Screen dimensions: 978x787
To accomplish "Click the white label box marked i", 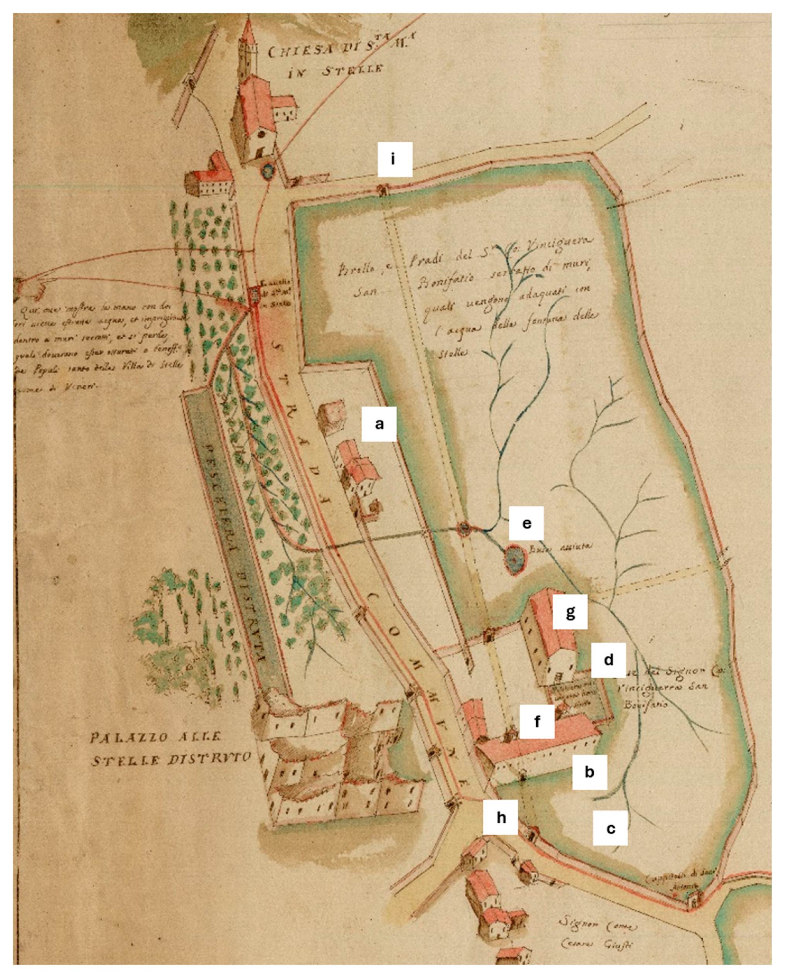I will (395, 159).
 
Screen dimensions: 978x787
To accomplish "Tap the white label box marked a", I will (379, 424).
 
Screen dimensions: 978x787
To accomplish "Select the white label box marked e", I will (526, 523).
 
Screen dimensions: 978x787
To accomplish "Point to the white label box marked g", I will (570, 612).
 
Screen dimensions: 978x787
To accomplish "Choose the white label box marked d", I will (608, 659).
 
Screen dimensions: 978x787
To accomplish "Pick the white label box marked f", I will (537, 721).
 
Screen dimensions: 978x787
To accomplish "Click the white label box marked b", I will (589, 772).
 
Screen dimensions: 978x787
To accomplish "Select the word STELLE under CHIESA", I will (355, 71).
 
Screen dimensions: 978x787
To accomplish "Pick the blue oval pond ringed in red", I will (514, 561).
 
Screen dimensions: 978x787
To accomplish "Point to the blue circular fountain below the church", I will (268, 170).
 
